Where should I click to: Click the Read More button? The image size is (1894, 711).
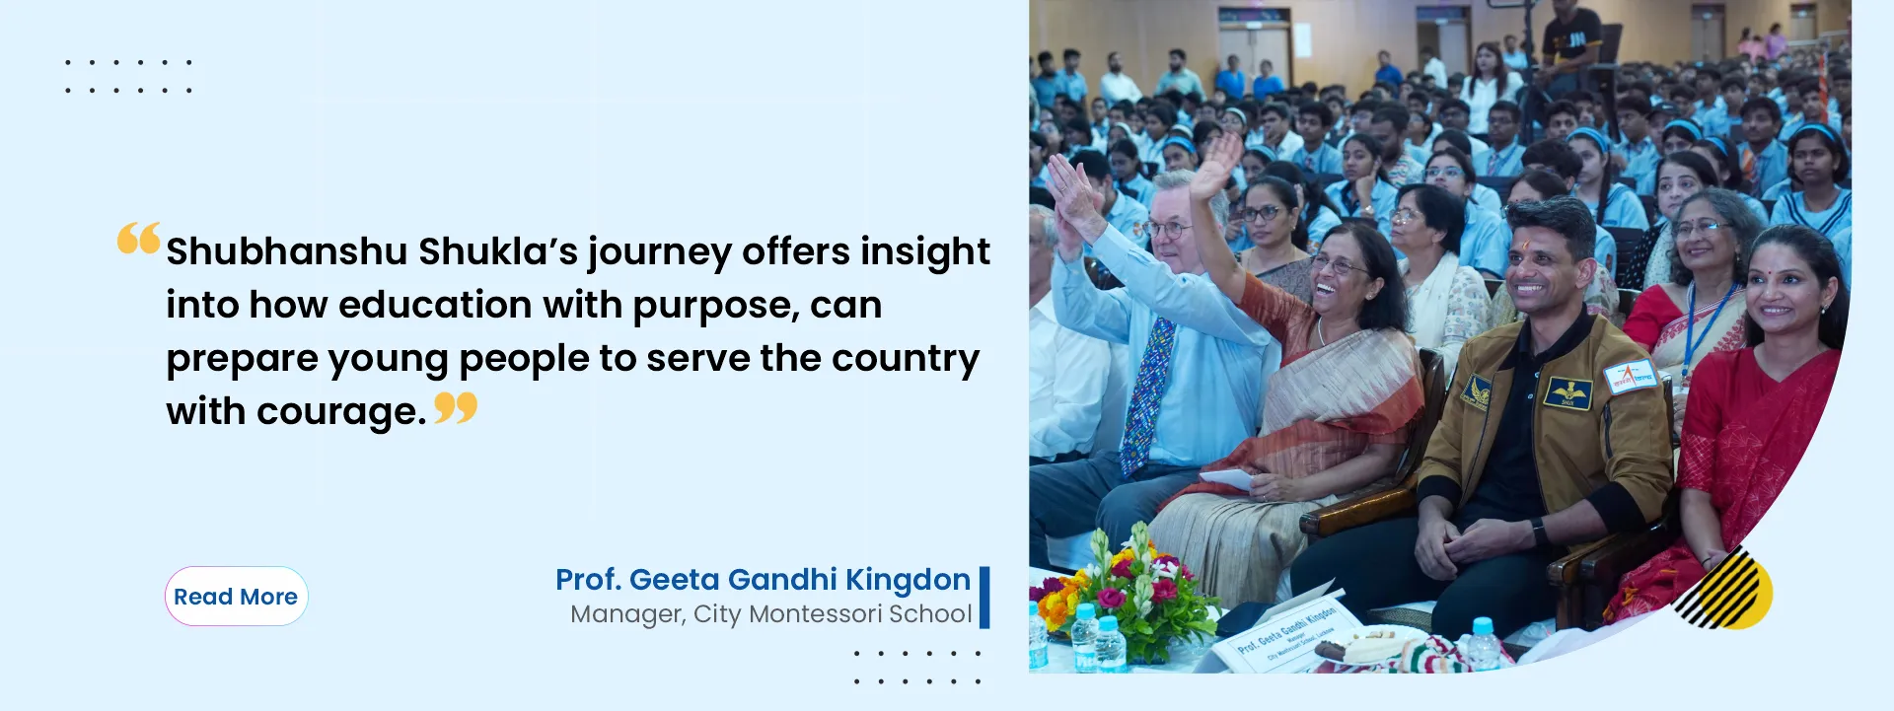[x=236, y=596]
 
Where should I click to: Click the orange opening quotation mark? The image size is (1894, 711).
[x=138, y=239]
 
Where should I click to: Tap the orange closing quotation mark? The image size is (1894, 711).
[x=456, y=407]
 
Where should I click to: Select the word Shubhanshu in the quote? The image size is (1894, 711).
[x=286, y=252]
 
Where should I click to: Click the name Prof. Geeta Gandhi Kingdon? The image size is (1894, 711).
[x=763, y=580]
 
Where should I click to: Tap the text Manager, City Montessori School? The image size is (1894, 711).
[x=771, y=614]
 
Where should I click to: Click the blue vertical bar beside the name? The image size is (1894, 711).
[x=984, y=597]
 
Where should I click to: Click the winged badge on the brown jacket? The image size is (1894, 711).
[x=1567, y=393]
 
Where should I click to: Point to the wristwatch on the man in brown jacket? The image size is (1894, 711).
[x=1539, y=532]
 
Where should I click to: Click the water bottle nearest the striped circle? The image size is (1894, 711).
[x=1484, y=645]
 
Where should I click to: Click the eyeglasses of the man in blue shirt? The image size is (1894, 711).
[x=1166, y=229]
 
